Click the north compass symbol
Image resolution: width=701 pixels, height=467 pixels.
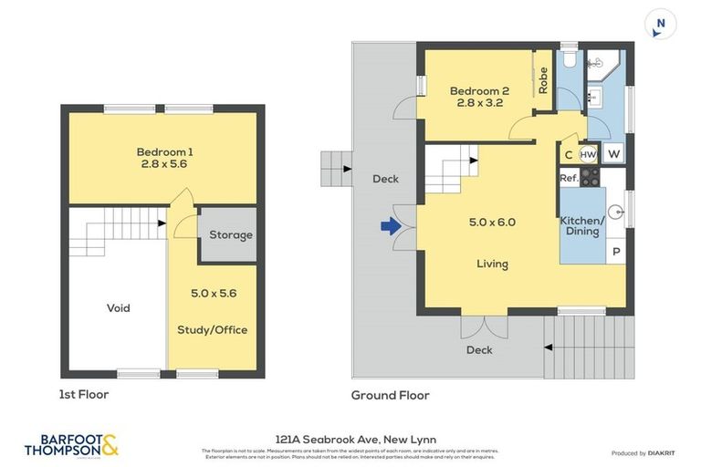pos(660,26)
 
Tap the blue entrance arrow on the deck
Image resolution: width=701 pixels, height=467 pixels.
pos(390,226)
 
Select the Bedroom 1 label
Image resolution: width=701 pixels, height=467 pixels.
pos(164,158)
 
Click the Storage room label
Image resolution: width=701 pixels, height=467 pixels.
pos(230,235)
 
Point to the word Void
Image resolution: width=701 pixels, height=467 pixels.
pos(118,308)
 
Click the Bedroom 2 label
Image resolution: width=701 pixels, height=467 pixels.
pos(479,97)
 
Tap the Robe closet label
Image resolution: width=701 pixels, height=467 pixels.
pos(543,82)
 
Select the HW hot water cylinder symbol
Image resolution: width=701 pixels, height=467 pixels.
pos(589,154)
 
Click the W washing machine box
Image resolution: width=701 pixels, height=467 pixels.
pos(613,154)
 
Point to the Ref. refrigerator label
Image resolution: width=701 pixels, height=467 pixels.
pos(568,178)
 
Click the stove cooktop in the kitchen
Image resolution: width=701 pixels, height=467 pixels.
pos(590,177)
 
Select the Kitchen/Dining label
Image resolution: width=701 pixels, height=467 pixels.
pos(581,226)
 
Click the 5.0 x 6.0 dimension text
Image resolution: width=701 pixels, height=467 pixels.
pos(492,222)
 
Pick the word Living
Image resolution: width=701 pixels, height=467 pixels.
pos(492,265)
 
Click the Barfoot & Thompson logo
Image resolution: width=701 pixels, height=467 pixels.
pos(71,446)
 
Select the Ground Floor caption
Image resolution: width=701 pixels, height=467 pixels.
pos(390,395)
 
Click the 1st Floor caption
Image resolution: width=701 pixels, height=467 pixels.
pos(84,395)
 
